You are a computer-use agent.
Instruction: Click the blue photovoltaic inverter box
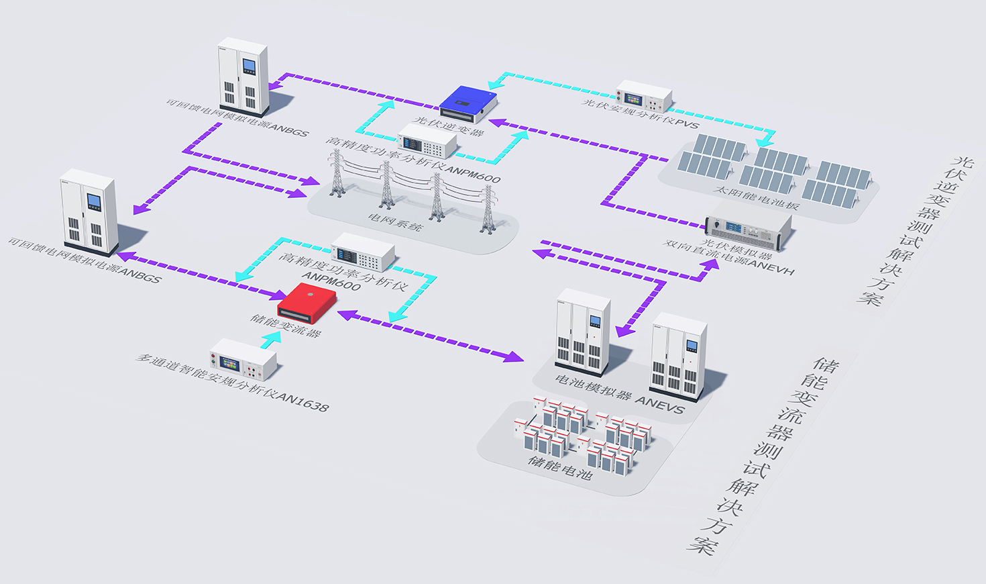point(468,103)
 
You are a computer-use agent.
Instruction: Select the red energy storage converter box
point(307,303)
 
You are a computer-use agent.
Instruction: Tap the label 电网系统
point(395,222)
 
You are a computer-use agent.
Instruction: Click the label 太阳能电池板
point(756,197)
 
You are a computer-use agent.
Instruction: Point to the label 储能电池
point(560,467)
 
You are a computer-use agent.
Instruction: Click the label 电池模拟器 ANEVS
point(619,393)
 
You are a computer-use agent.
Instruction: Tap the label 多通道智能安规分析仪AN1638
point(232,381)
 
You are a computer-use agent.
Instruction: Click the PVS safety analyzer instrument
point(643,96)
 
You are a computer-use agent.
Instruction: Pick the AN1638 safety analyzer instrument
point(243,359)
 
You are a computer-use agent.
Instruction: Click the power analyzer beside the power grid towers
point(427,140)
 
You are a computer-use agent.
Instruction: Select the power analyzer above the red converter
point(363,252)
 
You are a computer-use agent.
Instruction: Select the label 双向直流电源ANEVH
point(728,257)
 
